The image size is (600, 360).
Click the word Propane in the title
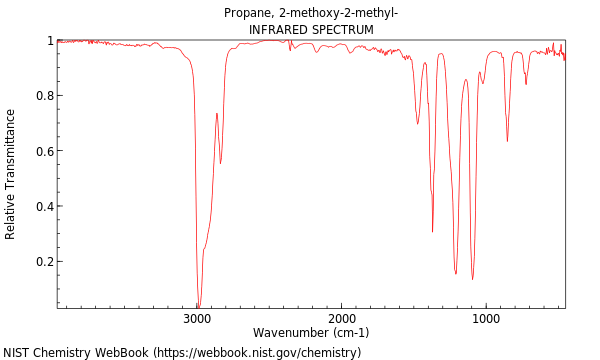pos(246,13)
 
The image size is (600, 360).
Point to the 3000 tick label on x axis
pos(197,319)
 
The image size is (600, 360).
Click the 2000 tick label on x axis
pos(342,319)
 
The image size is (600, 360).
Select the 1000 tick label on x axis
pos(486,319)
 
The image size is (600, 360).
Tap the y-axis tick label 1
pos(49,41)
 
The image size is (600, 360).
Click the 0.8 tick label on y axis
pos(44,96)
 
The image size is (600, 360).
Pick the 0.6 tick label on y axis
pos(44,151)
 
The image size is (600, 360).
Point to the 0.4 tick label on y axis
pos(44,207)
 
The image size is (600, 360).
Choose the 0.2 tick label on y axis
pos(44,262)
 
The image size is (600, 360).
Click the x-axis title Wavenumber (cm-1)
pos(311,333)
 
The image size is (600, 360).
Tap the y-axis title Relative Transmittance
pos(11,174)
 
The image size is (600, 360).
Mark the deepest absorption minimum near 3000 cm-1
pos(198,305)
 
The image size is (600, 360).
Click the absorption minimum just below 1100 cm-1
pos(472,278)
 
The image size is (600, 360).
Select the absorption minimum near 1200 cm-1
pos(456,272)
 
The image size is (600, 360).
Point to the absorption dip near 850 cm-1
pos(507,140)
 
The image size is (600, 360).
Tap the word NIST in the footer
pos(17,352)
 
